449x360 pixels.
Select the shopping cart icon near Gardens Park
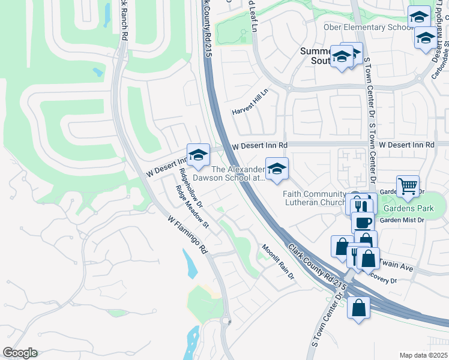point(408,187)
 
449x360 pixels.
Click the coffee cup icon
point(362,222)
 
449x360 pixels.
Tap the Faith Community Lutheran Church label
point(313,198)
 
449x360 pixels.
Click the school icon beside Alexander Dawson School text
point(277,169)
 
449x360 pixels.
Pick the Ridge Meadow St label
point(191,207)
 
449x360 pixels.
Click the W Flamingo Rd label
point(187,234)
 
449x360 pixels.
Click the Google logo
point(20,353)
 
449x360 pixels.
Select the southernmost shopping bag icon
point(358,308)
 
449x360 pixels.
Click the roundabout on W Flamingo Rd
point(227,322)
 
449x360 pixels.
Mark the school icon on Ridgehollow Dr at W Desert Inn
point(197,155)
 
